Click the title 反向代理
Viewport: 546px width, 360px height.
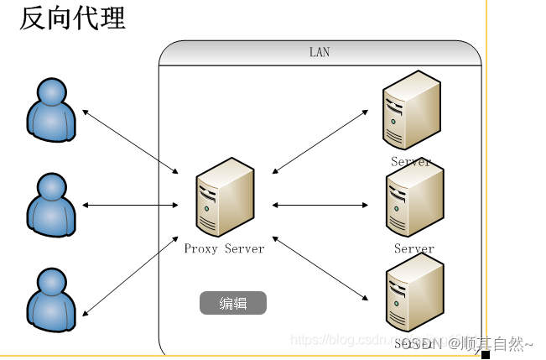pos(72,18)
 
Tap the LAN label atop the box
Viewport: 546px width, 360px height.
pos(320,52)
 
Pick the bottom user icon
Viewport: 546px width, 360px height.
pos(51,299)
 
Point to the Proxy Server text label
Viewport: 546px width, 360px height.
pos(224,248)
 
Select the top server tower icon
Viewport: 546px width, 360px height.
pos(411,112)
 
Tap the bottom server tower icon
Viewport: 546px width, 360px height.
pos(414,296)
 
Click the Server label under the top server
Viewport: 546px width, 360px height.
pos(411,161)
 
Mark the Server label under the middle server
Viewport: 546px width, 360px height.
pos(414,248)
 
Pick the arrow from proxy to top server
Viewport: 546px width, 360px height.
pos(320,140)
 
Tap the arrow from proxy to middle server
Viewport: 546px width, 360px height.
pos(320,205)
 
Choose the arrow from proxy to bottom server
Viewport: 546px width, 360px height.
pos(320,269)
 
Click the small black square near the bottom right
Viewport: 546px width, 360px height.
pos(485,354)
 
